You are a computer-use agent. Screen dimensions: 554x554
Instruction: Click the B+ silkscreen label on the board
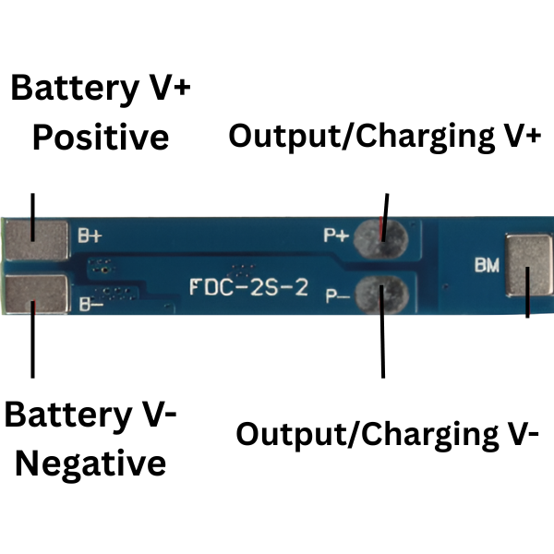[x=90, y=235]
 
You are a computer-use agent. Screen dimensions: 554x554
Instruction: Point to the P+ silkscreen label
[x=336, y=235]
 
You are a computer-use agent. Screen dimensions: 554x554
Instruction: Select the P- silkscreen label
[x=336, y=296]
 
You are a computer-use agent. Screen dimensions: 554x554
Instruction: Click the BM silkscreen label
[x=487, y=266]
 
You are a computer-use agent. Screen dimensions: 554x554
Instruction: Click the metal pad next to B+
[x=37, y=238]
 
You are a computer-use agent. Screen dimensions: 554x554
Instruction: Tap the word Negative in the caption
[x=90, y=463]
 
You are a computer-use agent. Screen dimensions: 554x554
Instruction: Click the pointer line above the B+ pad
[x=33, y=207]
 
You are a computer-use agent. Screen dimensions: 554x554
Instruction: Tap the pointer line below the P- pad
[x=382, y=346]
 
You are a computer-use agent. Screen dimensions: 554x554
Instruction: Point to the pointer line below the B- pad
[x=33, y=346]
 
